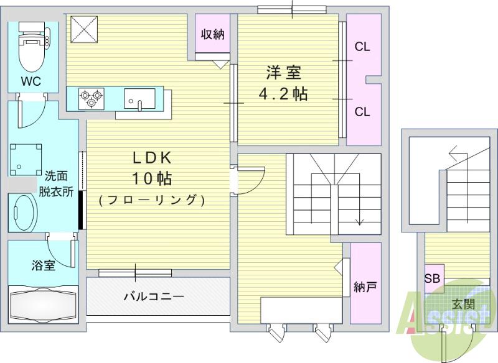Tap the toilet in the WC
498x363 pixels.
point(33,50)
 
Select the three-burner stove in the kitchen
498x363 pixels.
point(91,98)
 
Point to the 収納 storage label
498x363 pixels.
point(212,34)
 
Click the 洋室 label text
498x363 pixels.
point(284,73)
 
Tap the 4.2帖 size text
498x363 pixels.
point(284,94)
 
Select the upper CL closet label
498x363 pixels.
point(362,47)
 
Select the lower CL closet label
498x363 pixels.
point(362,112)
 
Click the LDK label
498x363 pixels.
point(151,157)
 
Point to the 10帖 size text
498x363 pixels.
point(151,179)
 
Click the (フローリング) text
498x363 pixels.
point(151,200)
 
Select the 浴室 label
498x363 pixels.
point(44,265)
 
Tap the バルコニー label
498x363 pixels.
point(153,296)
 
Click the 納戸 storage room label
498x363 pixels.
point(365,288)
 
